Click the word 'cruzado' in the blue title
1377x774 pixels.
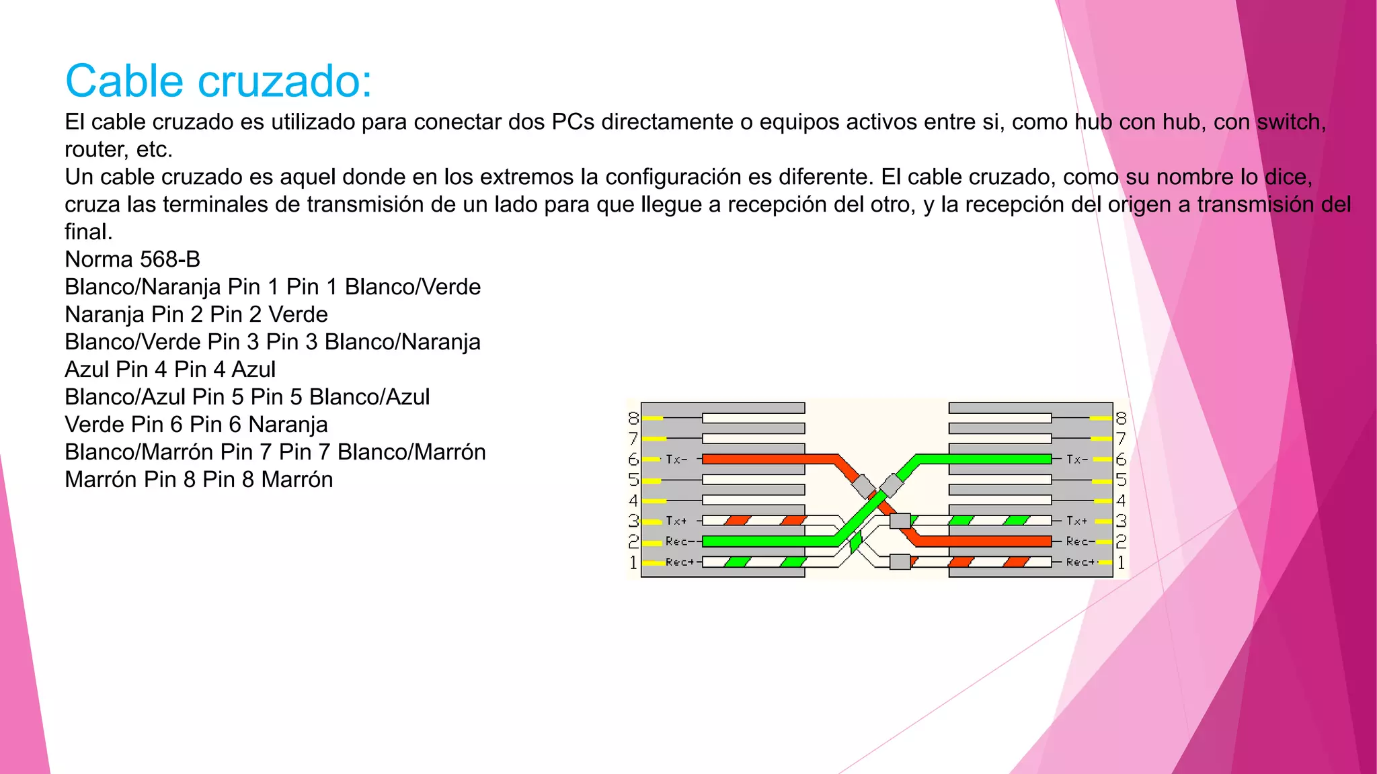pyautogui.click(x=285, y=82)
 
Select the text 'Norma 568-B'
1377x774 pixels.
pyautogui.click(x=132, y=259)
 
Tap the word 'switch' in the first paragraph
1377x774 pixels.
pyautogui.click(x=1290, y=122)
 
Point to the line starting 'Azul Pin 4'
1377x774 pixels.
pyautogui.click(x=170, y=370)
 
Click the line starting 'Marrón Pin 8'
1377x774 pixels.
pyautogui.click(x=198, y=480)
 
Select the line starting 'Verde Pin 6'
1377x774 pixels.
pyautogui.click(x=196, y=425)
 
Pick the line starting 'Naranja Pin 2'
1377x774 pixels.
pyautogui.click(x=196, y=314)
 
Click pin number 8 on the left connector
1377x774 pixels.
pyautogui.click(x=633, y=419)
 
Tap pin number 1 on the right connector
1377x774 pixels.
pyautogui.click(x=1121, y=562)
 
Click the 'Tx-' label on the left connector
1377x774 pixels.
pyautogui.click(x=676, y=460)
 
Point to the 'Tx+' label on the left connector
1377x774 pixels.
pyautogui.click(x=676, y=521)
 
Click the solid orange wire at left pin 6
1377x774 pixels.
pyautogui.click(x=766, y=460)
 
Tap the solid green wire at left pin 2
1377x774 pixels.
pyautogui.click(x=766, y=542)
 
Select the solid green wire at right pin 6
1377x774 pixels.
pyautogui.click(x=982, y=460)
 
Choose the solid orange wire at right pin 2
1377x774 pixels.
pyautogui.click(x=982, y=542)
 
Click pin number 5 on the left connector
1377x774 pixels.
pyautogui.click(x=633, y=480)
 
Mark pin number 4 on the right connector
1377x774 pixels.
pyautogui.click(x=1121, y=501)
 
